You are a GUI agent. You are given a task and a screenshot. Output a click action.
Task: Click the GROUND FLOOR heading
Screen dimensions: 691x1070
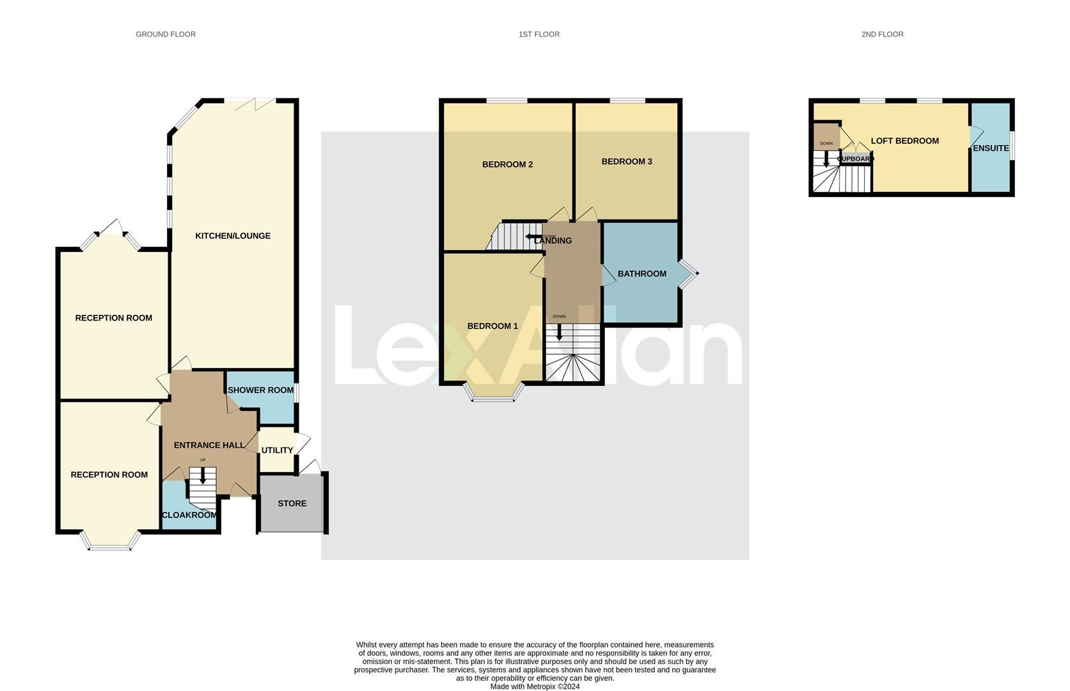coord(166,35)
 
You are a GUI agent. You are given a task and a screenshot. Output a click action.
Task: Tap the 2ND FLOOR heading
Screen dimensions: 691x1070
coord(882,35)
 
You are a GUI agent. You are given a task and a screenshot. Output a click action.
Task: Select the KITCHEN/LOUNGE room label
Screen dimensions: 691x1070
coord(233,236)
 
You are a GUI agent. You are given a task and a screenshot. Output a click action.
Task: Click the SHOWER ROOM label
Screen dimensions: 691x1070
coord(261,390)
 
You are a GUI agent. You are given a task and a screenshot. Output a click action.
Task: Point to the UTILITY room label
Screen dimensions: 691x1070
coord(277,450)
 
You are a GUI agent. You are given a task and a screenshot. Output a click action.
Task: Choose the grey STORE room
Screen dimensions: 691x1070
coord(292,504)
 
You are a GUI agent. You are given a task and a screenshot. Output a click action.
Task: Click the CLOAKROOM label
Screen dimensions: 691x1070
coord(189,515)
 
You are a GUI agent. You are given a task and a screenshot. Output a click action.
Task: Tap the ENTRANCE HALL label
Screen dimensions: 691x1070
coord(209,445)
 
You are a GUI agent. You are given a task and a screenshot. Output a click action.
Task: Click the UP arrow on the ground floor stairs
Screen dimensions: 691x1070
coord(203,475)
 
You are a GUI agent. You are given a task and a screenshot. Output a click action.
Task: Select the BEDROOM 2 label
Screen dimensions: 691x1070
coord(507,164)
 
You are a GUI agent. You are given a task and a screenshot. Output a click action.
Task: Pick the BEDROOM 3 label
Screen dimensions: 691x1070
coord(627,162)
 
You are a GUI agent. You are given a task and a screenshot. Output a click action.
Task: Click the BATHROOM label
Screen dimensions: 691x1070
coord(641,274)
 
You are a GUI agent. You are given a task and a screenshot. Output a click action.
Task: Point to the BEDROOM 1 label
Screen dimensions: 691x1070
coord(492,326)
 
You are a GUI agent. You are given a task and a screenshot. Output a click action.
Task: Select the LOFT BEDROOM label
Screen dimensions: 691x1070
coord(904,141)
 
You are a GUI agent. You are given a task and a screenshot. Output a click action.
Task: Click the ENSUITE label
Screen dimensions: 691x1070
coord(991,148)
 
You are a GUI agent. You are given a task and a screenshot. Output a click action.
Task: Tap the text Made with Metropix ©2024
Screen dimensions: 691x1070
coord(535,687)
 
